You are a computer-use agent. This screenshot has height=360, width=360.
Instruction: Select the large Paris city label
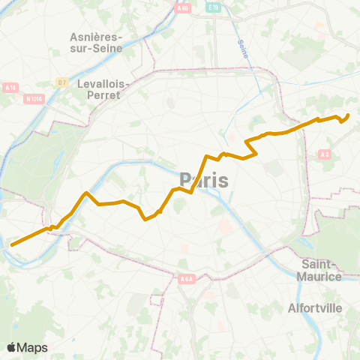[204, 180]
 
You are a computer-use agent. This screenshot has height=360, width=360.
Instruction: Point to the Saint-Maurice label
[322, 270]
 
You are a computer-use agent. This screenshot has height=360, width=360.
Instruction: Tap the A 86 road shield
[182, 8]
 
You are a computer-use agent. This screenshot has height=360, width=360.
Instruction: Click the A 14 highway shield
[10, 86]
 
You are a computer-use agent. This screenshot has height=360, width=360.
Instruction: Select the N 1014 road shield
[33, 97]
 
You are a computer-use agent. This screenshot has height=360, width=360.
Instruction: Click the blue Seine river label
[241, 51]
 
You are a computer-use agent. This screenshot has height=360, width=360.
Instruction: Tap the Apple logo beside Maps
[12, 347]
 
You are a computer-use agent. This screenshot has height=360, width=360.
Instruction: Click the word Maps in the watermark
[32, 347]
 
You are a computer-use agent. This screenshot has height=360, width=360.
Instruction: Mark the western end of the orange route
[11, 244]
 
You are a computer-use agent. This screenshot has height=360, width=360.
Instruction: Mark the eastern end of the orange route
[349, 115]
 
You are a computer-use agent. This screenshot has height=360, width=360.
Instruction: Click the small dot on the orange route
[160, 211]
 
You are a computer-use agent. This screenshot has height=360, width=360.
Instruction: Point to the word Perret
[104, 97]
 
